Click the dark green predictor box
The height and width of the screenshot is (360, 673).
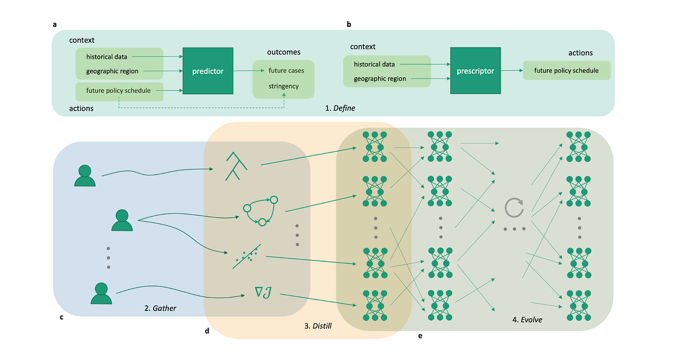[x=208, y=71]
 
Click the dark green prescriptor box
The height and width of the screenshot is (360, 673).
[x=475, y=71]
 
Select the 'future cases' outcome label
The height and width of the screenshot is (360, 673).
[x=286, y=70]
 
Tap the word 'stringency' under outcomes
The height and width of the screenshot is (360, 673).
[x=283, y=86]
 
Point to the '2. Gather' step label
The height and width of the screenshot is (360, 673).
[x=160, y=308]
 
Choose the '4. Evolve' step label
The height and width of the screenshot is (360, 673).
[x=527, y=320]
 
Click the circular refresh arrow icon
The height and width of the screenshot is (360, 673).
[x=514, y=208]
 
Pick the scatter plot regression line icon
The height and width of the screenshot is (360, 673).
[x=247, y=256]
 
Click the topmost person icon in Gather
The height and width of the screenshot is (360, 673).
[x=84, y=175]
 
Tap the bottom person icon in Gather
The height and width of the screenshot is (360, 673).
[x=101, y=293]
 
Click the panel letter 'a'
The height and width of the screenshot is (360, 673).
[x=55, y=24]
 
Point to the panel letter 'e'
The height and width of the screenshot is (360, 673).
[x=420, y=336]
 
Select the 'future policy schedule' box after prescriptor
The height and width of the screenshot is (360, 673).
[x=566, y=70]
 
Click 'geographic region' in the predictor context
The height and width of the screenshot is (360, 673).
[x=112, y=71]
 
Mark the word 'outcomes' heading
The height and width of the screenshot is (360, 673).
[x=283, y=52]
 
